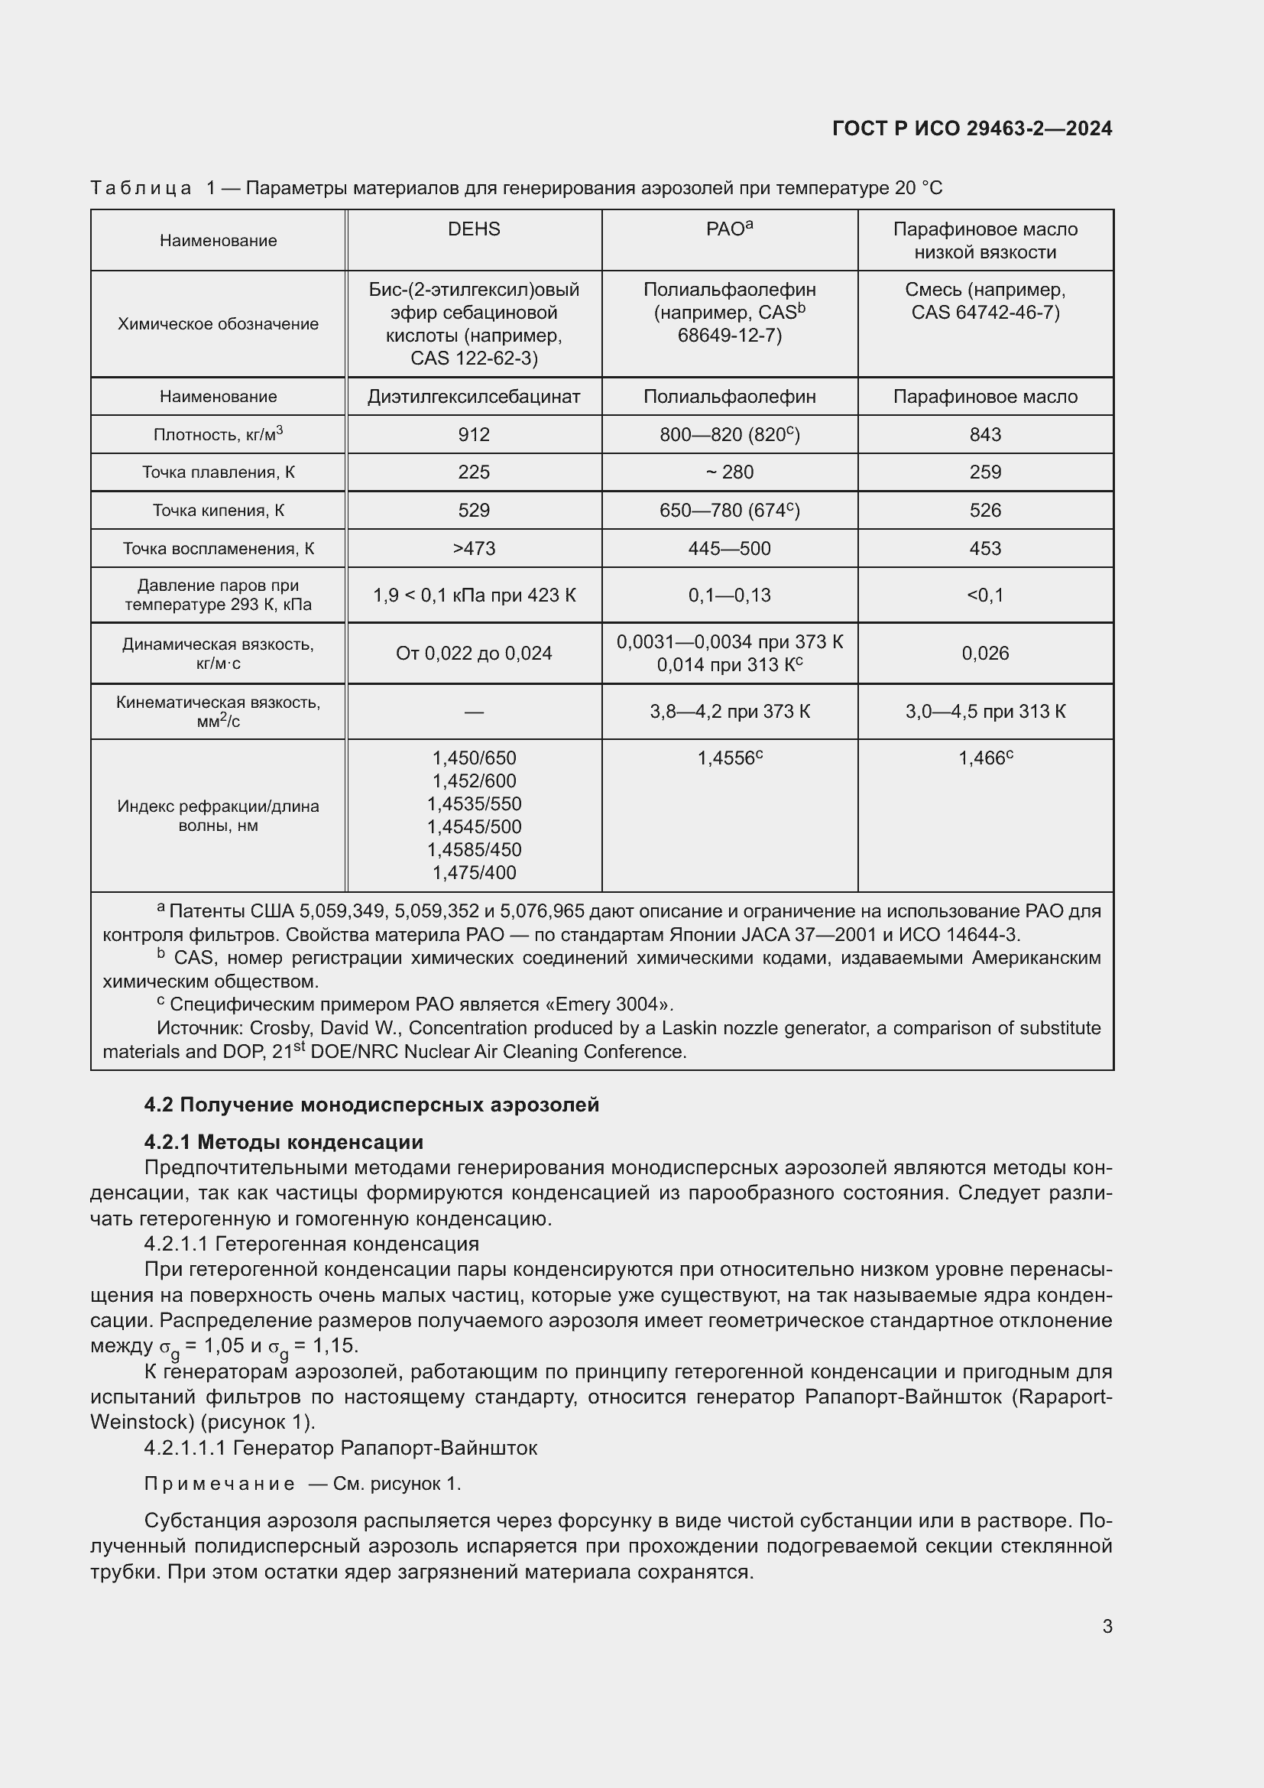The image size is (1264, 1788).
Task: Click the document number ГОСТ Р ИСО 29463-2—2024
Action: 971,128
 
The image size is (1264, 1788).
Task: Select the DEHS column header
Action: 473,229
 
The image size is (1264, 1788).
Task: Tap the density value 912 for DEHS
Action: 473,434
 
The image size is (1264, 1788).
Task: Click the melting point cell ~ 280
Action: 729,472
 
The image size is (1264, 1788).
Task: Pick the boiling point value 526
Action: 984,510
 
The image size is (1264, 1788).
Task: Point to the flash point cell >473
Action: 473,548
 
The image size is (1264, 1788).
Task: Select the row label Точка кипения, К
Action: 218,510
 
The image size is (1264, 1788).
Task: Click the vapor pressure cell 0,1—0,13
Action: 729,595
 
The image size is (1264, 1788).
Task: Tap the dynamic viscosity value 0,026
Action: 984,653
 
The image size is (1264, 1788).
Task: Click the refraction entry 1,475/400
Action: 473,872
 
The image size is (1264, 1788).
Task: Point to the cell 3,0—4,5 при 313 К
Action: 984,711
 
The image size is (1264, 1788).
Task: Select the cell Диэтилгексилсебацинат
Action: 473,397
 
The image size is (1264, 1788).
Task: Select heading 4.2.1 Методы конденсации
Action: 284,1141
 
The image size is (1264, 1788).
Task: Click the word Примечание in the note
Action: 219,1484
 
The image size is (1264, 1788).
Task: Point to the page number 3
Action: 1107,1626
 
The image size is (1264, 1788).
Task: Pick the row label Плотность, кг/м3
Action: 218,434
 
